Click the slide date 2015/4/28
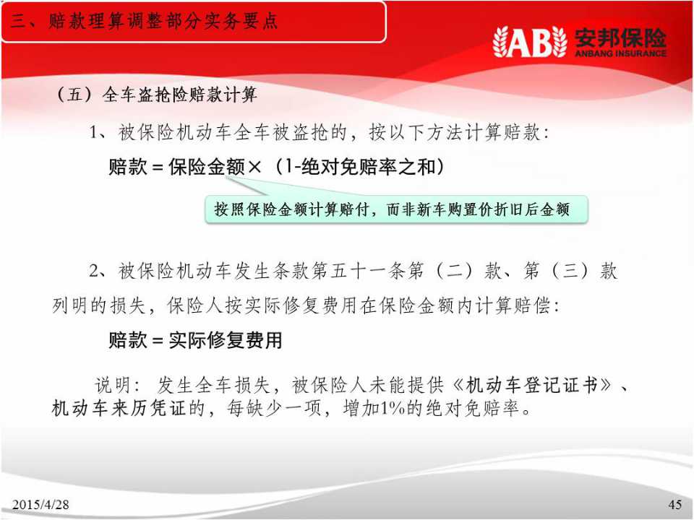[x=40, y=504]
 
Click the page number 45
[x=675, y=504]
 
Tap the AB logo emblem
[x=530, y=42]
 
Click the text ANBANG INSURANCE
[x=620, y=53]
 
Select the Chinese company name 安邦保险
[x=620, y=37]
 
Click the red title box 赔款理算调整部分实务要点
[x=194, y=22]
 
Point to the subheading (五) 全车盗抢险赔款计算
[x=157, y=95]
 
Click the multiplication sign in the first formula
[x=254, y=167]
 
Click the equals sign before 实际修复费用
[x=158, y=341]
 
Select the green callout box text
[x=392, y=209]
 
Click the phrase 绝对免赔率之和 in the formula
[x=368, y=167]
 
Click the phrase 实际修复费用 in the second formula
[x=226, y=340]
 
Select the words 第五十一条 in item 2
[x=358, y=271]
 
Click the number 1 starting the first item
[x=93, y=132]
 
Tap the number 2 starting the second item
[x=94, y=271]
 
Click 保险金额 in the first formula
[x=207, y=167]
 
